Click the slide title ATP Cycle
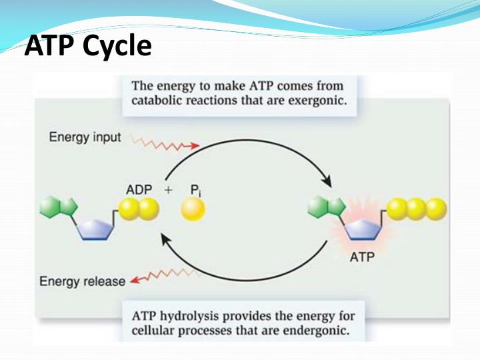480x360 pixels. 87,46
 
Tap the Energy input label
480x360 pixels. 85,137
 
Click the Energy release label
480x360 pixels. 82,281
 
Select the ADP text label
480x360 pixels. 139,189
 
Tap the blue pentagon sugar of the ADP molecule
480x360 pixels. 97,227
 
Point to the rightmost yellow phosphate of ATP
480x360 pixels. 435,209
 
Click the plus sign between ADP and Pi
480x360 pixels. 169,190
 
